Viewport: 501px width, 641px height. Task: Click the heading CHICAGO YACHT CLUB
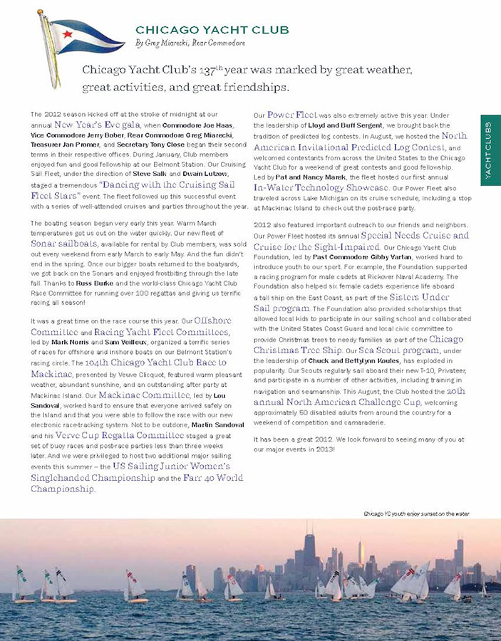coord(212,30)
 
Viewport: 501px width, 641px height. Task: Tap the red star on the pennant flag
coord(66,33)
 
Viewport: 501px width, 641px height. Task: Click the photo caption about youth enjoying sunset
coord(416,513)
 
